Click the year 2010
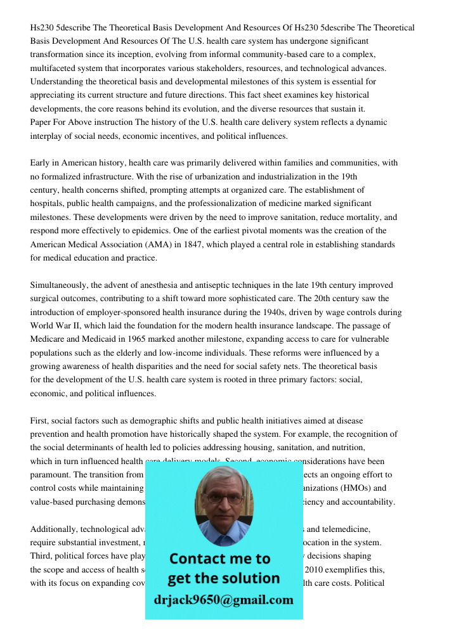(316, 569)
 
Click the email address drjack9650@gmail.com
(223, 599)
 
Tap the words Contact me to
(220, 559)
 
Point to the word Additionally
(57, 529)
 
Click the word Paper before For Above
(42, 122)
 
